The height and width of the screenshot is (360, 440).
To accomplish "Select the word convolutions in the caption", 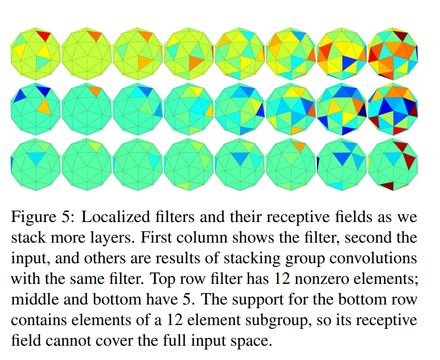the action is [371, 259].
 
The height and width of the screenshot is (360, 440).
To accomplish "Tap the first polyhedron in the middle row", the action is [35, 108].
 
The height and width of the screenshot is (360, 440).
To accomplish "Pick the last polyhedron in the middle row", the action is [393, 108].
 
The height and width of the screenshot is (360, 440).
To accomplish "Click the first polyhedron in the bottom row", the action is [35, 163].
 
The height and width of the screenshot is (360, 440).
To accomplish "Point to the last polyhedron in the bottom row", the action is [393, 163].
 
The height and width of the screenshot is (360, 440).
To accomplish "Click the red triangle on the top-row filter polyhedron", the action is [44, 36].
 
